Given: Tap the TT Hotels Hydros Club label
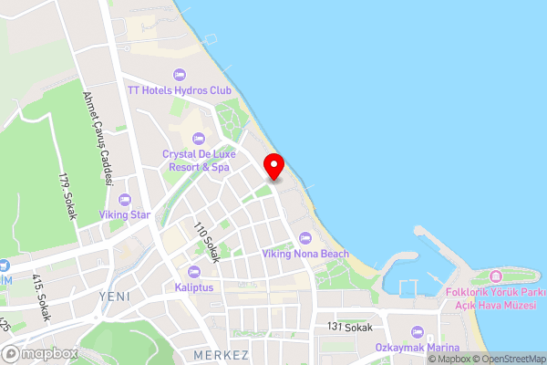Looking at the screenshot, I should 180,90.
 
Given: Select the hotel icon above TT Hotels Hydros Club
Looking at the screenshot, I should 180,74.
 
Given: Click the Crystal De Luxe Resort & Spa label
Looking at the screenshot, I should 197,161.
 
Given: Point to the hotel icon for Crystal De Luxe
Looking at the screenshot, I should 198,139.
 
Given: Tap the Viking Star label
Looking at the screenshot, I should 125,214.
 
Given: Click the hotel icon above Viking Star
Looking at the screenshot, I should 125,199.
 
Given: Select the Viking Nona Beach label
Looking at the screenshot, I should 305,253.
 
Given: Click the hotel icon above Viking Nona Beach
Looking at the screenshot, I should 305,237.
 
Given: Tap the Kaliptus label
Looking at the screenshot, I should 193,287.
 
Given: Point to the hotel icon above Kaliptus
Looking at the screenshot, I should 193,271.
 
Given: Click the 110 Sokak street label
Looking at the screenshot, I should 207,242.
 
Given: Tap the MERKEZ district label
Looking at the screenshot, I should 222,354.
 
